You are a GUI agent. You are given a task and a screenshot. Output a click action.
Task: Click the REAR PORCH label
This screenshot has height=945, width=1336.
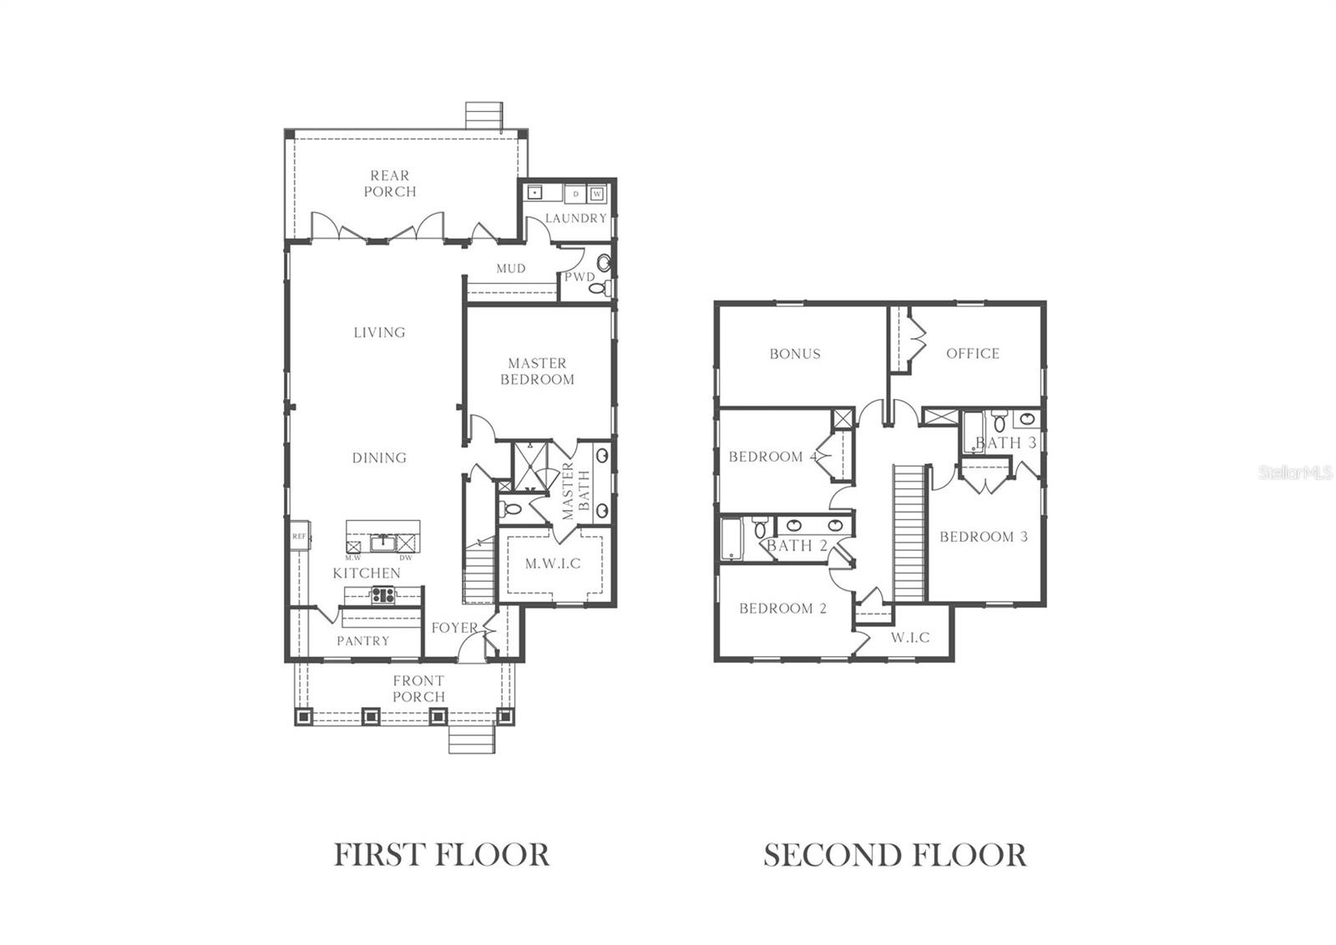(390, 184)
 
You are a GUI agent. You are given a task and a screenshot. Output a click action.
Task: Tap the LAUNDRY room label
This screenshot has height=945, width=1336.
(575, 218)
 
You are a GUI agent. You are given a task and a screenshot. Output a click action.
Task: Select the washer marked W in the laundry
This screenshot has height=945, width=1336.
(596, 194)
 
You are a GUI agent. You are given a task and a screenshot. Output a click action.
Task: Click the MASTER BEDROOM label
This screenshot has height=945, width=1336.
(537, 371)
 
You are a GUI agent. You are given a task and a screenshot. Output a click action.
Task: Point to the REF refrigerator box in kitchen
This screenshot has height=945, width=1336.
(299, 536)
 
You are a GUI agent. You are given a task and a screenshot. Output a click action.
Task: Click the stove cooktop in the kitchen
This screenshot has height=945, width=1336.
(383, 594)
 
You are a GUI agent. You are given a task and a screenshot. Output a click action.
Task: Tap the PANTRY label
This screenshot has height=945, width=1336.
(362, 641)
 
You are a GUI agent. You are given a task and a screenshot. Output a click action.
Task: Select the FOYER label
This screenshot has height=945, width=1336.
(454, 628)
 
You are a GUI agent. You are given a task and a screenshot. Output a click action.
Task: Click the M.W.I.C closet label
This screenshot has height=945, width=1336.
(553, 563)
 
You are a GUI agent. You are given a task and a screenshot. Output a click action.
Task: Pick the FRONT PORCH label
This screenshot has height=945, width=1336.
(418, 689)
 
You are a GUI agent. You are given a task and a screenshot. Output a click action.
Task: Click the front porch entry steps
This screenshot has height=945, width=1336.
(472, 739)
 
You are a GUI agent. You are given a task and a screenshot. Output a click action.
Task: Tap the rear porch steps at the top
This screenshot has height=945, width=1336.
(483, 115)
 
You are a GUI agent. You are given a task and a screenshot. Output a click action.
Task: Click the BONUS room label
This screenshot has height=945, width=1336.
(795, 354)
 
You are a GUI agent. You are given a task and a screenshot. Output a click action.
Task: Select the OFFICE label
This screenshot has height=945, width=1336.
(973, 354)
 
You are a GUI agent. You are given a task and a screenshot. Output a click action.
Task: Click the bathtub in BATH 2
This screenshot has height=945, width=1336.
(732, 539)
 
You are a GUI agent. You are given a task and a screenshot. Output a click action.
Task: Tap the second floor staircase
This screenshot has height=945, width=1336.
(908, 533)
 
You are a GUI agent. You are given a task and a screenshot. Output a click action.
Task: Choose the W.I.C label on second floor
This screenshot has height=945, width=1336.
(910, 638)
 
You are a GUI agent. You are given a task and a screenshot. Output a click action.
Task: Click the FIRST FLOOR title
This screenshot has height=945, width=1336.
(442, 856)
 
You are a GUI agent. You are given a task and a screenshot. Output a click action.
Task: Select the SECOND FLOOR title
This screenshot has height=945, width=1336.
(894, 856)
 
